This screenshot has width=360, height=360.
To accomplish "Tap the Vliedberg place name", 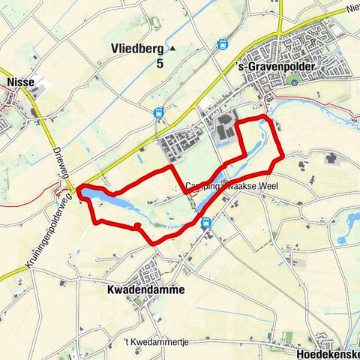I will pyautogui.click(x=136, y=48).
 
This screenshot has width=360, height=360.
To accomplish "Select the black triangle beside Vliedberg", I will pyautogui.click(x=172, y=48).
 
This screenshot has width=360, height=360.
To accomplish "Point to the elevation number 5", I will pyautogui.click(x=160, y=64).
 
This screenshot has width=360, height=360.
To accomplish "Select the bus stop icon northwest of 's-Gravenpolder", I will pyautogui.click(x=222, y=44).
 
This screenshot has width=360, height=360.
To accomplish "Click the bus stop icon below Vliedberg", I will pyautogui.click(x=159, y=112).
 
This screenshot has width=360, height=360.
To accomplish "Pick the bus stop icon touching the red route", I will pyautogui.click(x=205, y=222).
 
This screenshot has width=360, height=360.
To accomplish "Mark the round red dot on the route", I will pyautogui.click(x=138, y=225).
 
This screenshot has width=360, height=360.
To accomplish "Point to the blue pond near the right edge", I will pyautogui.click(x=346, y=238).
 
